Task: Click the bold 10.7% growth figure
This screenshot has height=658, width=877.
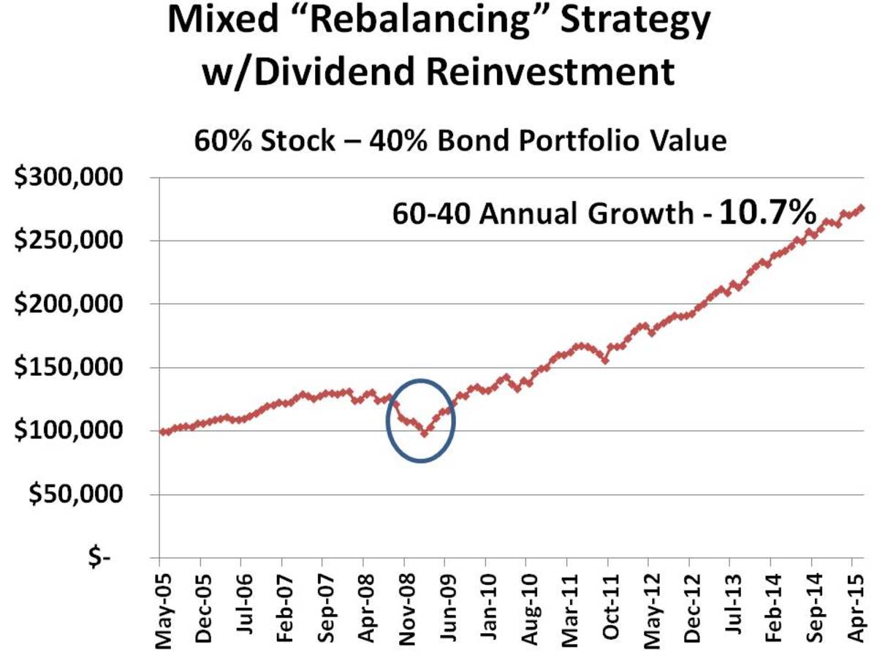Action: pos(767,213)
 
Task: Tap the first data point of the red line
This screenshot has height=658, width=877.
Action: pos(162,431)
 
